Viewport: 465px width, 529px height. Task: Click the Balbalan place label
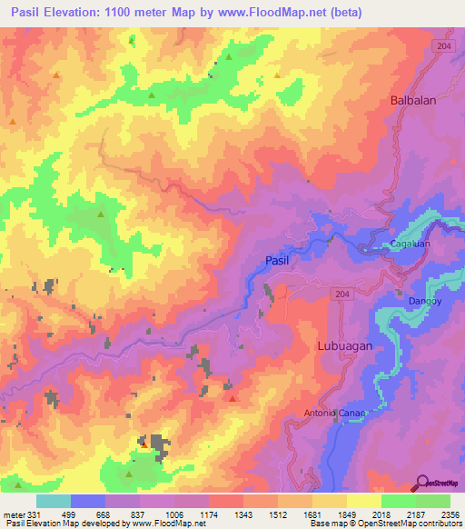413,101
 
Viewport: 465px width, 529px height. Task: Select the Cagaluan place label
410,245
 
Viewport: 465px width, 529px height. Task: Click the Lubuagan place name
346,346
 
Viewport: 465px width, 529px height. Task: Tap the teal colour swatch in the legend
54,502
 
